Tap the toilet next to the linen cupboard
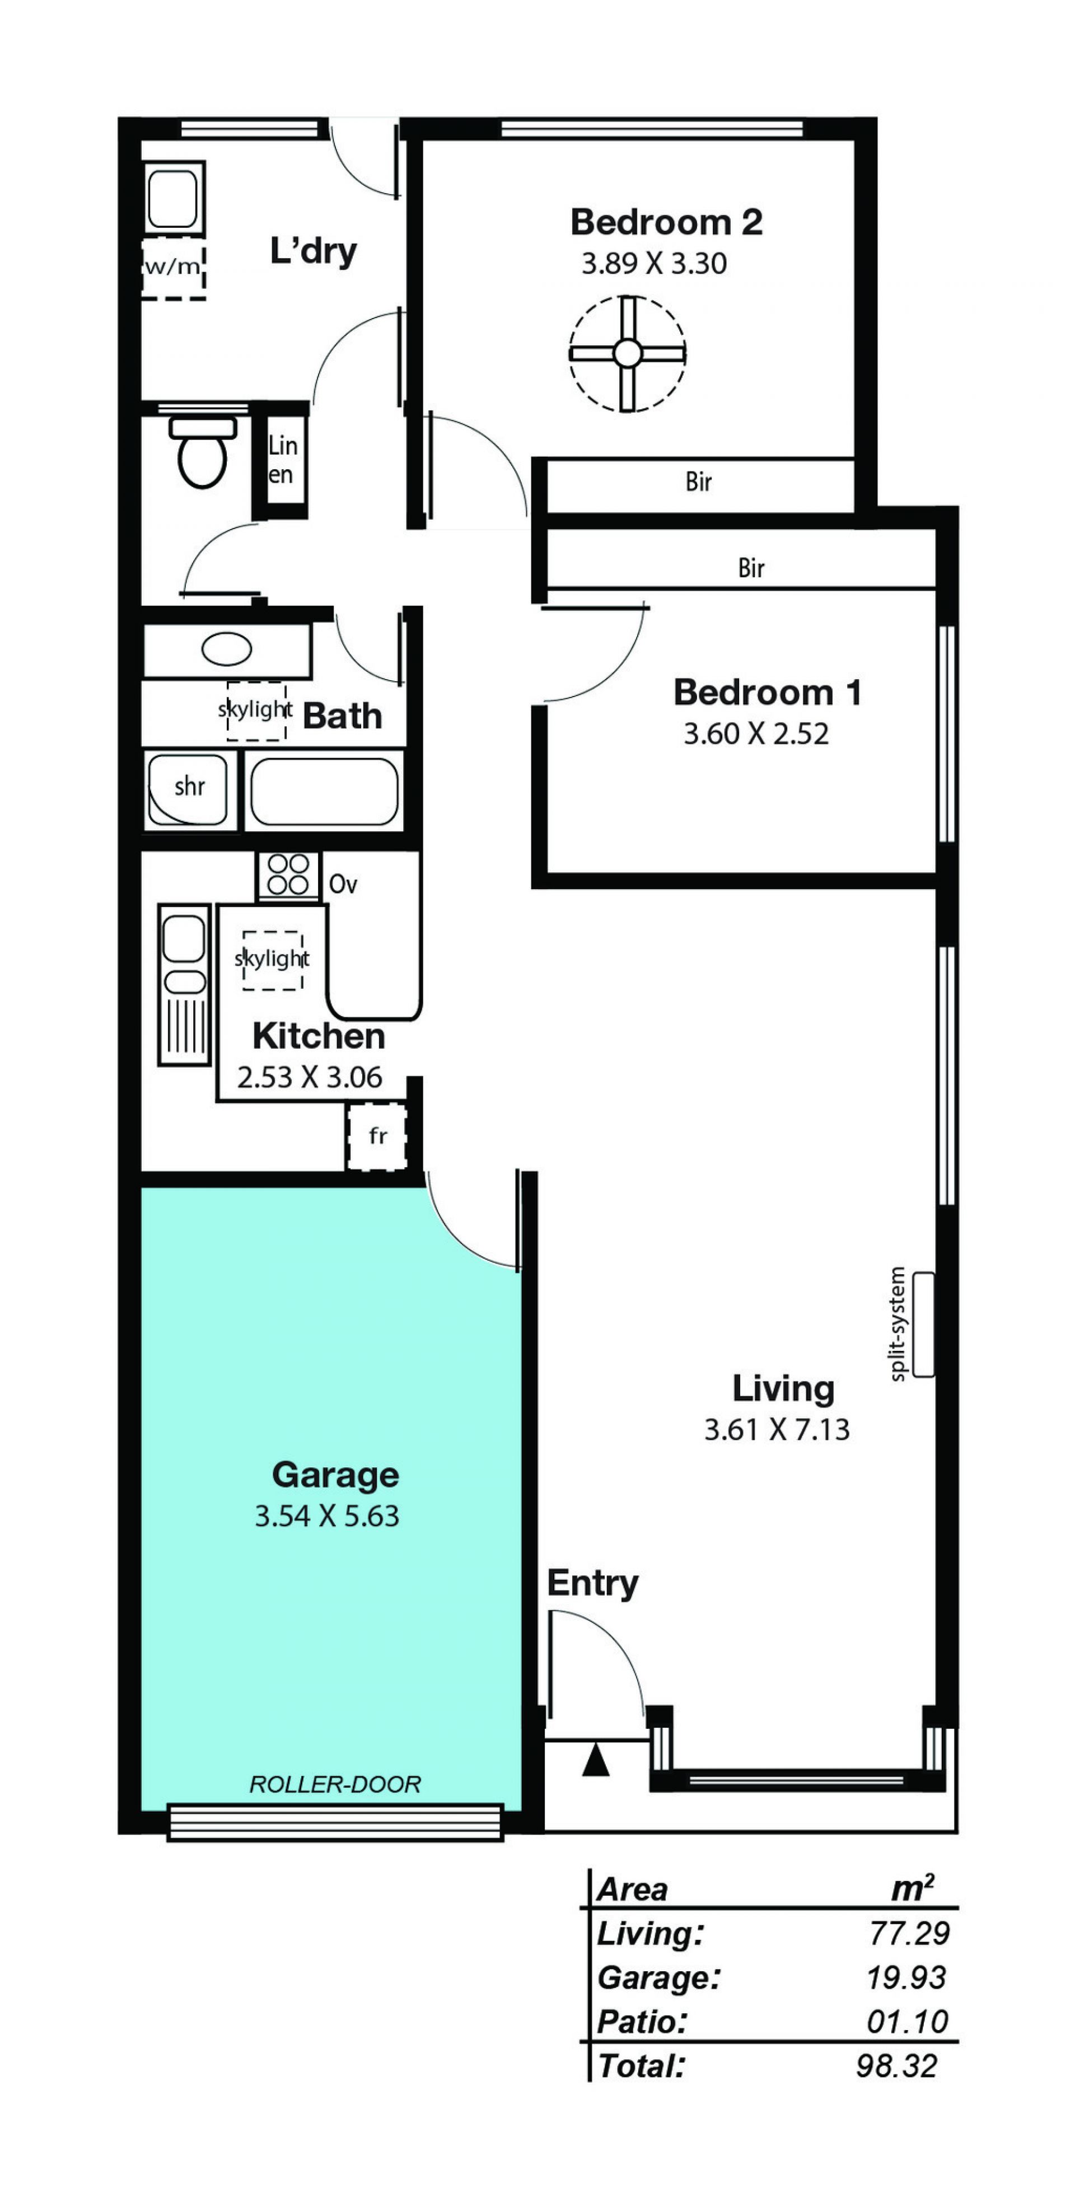(202, 452)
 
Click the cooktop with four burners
(288, 874)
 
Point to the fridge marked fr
(377, 1136)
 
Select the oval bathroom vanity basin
(226, 649)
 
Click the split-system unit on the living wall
(923, 1324)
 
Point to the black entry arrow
(596, 1760)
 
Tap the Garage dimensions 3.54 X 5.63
(327, 1516)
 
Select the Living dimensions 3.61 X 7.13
(777, 1429)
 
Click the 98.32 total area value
(897, 2066)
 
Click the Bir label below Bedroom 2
(699, 482)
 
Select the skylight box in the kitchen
(272, 960)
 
